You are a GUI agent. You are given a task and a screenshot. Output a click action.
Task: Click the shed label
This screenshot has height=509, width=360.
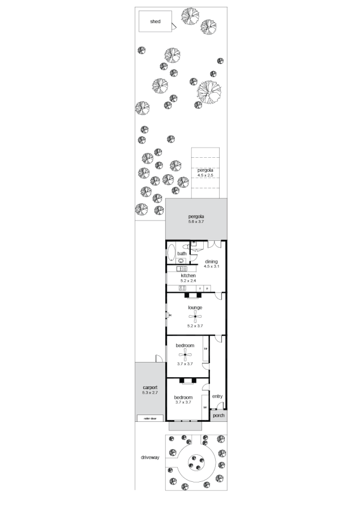pos(155,22)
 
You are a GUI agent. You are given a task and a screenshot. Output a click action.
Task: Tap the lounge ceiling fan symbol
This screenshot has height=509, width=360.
pos(195,316)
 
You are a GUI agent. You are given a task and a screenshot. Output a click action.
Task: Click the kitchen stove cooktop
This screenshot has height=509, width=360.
pos(183,288)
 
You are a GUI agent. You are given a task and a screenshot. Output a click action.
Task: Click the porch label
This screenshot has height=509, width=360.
pos(218,416)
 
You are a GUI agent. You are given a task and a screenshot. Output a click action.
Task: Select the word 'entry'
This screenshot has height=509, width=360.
pos(217,396)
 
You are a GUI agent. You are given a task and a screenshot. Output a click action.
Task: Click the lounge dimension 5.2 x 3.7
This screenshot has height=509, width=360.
pos(195,326)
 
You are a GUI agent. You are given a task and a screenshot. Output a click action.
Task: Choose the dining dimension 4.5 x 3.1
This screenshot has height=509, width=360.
pos(211,266)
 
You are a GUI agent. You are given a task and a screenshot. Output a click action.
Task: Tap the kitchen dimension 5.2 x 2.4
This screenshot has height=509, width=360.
pos(188,281)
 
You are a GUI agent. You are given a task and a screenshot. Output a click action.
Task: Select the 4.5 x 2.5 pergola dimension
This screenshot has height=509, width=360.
pos(205,175)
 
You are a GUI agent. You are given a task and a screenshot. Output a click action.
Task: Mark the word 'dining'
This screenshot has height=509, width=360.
pos(211,261)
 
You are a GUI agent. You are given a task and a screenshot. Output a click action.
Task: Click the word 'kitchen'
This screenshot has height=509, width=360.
pos(188,275)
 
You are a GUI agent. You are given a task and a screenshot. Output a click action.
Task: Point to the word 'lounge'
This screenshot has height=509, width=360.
pos(195,307)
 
